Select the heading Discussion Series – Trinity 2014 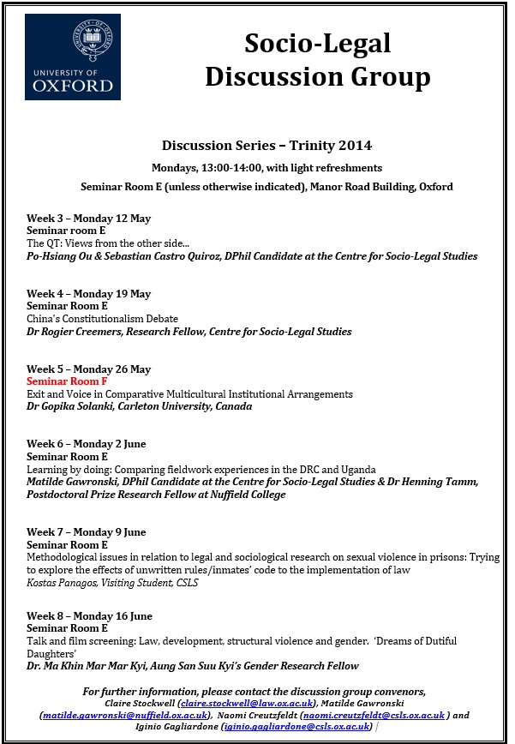[x=266, y=146]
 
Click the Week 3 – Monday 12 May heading [x=88, y=219]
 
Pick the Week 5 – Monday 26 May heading [x=88, y=369]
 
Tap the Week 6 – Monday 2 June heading [x=87, y=444]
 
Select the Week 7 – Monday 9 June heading [x=87, y=532]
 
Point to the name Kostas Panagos [x=67, y=583]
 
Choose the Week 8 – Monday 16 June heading [x=89, y=616]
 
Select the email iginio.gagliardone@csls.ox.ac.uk [x=296, y=727]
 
